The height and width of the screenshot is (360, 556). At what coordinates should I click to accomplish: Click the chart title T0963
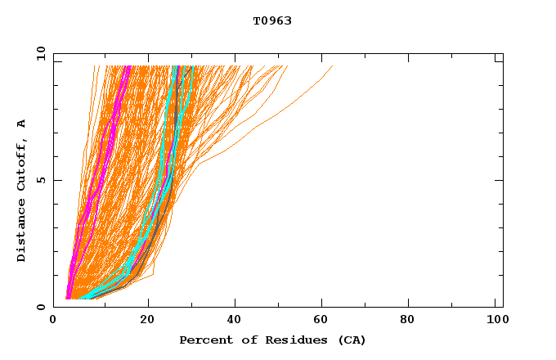(x=272, y=21)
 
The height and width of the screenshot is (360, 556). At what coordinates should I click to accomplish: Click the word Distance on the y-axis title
(x=21, y=232)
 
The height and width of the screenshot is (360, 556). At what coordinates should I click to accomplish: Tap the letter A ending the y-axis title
(x=21, y=124)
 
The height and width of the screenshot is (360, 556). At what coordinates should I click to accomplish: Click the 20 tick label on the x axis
(x=147, y=320)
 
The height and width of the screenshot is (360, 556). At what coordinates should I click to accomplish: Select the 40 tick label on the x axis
(x=236, y=320)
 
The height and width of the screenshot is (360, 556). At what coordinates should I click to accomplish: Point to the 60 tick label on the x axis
(x=325, y=320)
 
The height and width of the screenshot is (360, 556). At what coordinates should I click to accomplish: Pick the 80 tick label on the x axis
(x=414, y=320)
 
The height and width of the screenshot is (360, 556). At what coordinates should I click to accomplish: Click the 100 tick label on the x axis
(x=495, y=320)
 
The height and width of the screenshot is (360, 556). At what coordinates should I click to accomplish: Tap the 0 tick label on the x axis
(x=53, y=320)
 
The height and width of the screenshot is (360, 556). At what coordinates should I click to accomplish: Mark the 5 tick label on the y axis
(x=40, y=180)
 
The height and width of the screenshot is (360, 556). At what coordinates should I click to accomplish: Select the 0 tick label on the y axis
(x=40, y=307)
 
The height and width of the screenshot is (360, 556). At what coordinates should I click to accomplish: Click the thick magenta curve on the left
(x=99, y=164)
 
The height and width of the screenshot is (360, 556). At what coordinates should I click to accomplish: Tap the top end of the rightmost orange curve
(x=332, y=67)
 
